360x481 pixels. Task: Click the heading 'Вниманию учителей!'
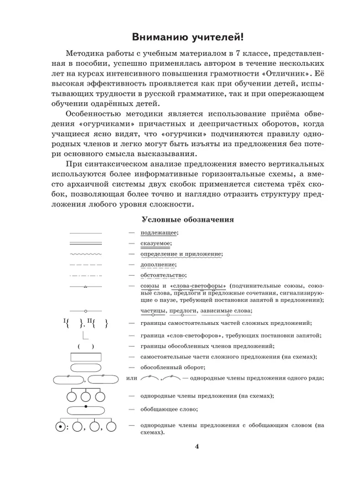[x=187, y=37]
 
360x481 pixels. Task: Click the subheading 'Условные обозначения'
[x=188, y=219]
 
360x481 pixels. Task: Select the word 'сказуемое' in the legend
[x=156, y=244]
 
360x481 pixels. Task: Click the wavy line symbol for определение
[x=86, y=254]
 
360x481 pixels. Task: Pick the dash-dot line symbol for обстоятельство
[x=86, y=275]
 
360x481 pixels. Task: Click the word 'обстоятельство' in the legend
[x=163, y=275]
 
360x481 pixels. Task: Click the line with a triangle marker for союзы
[x=86, y=286]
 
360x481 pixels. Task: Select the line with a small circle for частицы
[x=86, y=312]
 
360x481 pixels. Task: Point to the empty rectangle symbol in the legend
[x=86, y=357]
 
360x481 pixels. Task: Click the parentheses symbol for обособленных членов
[x=86, y=346]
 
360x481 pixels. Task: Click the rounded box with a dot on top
[x=86, y=410]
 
